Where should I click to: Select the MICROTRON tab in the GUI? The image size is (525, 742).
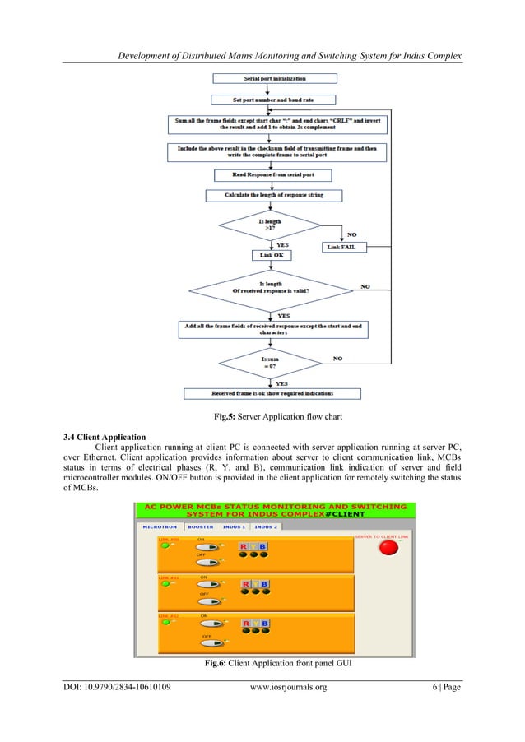pos(160,526)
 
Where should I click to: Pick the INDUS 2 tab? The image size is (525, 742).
pos(266,526)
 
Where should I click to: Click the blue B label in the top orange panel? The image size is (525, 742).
pos(262,545)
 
